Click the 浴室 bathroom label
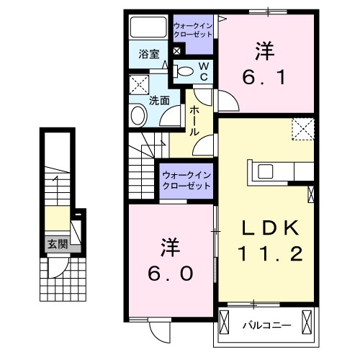(x=149, y=53)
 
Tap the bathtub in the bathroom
(x=148, y=29)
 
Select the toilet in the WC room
(x=185, y=71)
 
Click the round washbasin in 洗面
(x=138, y=115)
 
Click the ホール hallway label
(x=195, y=121)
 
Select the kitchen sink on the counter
(x=264, y=171)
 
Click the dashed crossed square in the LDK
(x=303, y=130)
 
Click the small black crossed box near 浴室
(x=176, y=50)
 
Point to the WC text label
(x=204, y=71)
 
